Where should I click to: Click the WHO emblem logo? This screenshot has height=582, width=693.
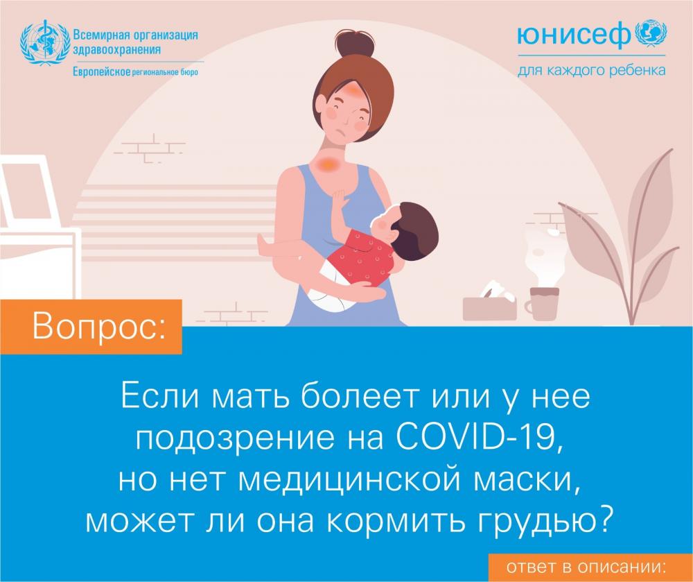45,42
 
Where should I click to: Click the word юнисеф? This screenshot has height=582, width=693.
574,35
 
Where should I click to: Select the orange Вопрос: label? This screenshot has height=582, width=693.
91,327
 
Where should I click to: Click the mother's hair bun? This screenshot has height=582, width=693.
354,43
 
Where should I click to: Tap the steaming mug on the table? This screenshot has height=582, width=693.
543,303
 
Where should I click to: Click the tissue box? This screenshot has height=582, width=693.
490,306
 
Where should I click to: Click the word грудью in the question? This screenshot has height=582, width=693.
545,522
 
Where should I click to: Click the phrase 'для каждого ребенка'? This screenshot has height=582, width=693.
591,71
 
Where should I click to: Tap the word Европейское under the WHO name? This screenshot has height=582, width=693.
101,71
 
